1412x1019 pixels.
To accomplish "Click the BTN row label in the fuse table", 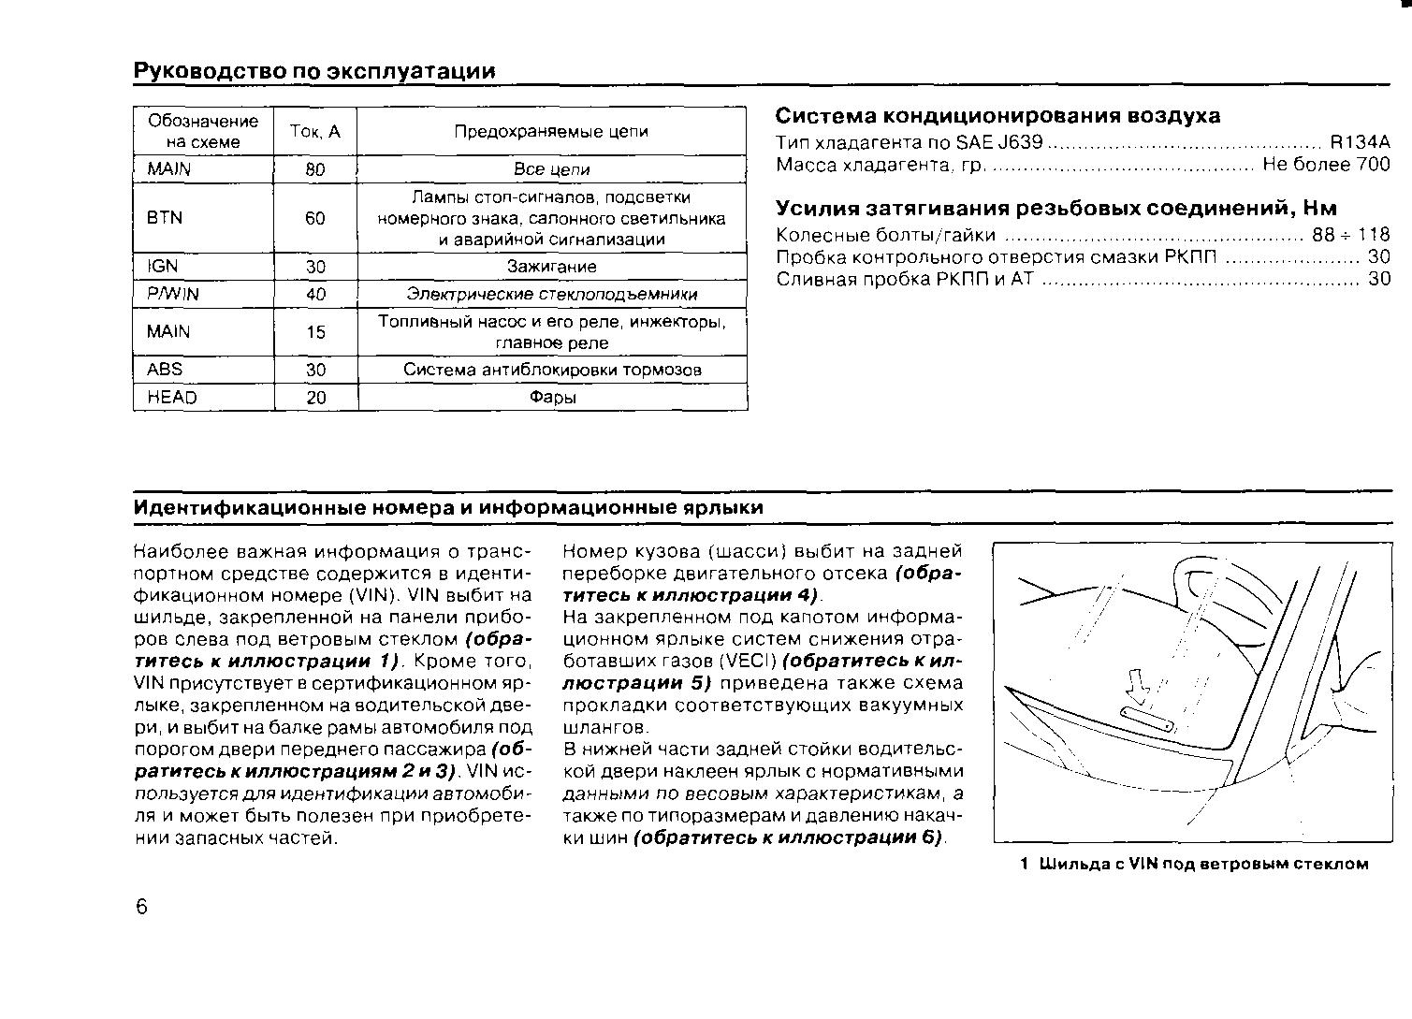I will [165, 218].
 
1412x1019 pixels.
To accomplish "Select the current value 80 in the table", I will [315, 170].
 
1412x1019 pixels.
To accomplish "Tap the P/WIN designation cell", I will [173, 294].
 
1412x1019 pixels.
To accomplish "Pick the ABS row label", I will [165, 370].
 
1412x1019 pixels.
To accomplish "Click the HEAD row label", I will [172, 398].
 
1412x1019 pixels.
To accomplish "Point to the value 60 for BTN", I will [315, 218].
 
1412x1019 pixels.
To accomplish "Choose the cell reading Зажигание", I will [551, 267].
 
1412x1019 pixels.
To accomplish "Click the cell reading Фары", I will [552, 398].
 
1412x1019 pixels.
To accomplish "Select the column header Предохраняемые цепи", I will [551, 132].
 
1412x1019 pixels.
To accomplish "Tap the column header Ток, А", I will [315, 132].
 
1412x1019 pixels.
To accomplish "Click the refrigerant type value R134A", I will [1360, 143].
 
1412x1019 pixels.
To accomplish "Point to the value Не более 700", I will [1326, 166].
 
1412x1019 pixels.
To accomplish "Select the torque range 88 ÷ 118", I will [1351, 235].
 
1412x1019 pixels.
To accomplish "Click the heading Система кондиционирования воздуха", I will [997, 116].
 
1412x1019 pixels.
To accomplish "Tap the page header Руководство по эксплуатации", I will [314, 72].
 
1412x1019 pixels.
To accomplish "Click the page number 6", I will [142, 907].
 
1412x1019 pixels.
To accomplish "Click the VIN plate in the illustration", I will [1147, 719].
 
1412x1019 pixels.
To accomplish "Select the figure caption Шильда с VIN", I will [1194, 864].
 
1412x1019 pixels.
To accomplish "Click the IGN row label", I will [162, 267].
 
